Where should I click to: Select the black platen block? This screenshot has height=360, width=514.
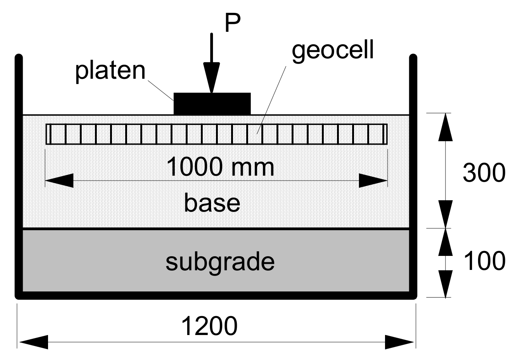click(212, 104)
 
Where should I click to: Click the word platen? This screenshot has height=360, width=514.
click(110, 70)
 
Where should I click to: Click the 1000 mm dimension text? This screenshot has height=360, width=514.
click(220, 167)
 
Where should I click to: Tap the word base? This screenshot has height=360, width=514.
click(212, 203)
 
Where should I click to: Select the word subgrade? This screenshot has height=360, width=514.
click(220, 262)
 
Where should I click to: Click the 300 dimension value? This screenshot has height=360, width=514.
click(484, 173)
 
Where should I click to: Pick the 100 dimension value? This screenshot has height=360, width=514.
click(484, 261)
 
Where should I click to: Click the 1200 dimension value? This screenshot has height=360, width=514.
click(210, 326)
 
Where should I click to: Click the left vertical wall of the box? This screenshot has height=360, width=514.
click(19, 174)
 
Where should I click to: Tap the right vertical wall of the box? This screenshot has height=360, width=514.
click(413, 174)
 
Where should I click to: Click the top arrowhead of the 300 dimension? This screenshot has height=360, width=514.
click(445, 127)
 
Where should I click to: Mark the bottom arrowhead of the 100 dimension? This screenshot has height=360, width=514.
click(445, 284)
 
